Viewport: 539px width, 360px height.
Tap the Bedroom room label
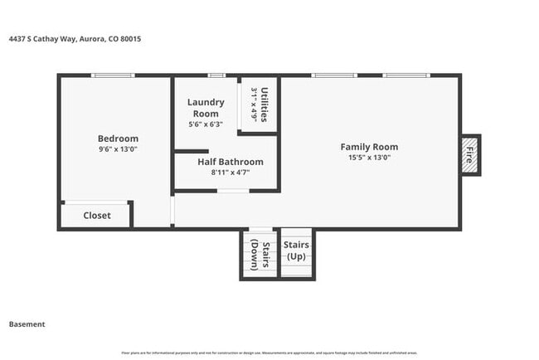(x=118, y=139)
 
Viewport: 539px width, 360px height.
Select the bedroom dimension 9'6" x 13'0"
(x=118, y=150)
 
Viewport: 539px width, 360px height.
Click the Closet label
(x=97, y=216)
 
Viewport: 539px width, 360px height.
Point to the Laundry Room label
(x=205, y=108)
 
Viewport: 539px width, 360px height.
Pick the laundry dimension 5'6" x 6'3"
(x=205, y=124)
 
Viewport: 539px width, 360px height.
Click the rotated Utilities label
(x=264, y=105)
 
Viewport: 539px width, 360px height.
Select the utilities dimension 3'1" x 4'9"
(x=254, y=105)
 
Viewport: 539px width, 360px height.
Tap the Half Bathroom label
(x=230, y=162)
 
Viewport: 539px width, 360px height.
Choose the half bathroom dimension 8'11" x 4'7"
(x=230, y=173)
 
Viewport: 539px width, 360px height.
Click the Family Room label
(x=369, y=147)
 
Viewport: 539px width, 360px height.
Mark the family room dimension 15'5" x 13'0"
(x=369, y=158)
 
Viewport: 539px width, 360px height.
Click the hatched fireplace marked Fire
(x=469, y=155)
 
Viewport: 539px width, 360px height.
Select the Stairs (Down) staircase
(x=260, y=254)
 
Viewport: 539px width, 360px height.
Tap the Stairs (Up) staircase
(x=296, y=251)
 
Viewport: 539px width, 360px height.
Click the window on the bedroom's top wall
(x=113, y=76)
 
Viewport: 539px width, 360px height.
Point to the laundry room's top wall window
(x=216, y=76)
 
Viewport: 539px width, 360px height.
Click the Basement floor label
(x=27, y=324)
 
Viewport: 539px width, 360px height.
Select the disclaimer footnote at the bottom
(x=269, y=353)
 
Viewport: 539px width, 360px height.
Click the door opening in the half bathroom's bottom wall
(x=233, y=191)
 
